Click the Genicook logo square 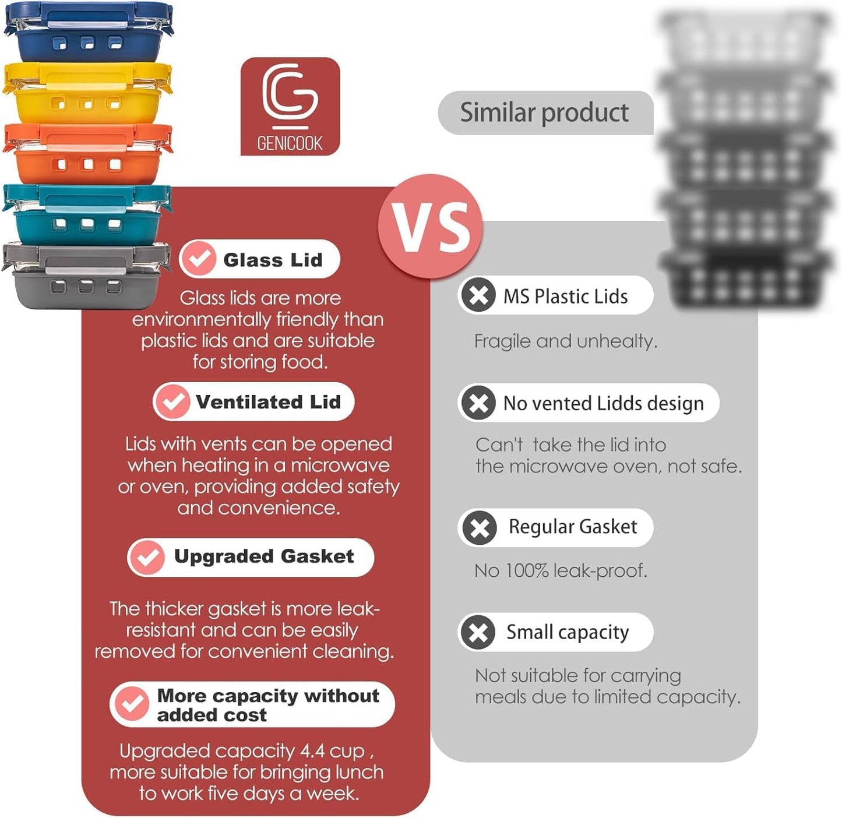pos(290,106)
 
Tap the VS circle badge pos(430,227)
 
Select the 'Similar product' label pos(544,112)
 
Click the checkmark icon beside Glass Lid pos(198,259)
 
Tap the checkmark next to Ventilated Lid pos(172,401)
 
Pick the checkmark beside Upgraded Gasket pos(147,558)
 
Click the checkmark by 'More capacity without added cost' pos(131,704)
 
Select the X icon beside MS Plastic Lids pos(478,295)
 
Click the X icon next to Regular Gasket pos(479,528)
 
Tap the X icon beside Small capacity pos(478,632)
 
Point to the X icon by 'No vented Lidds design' pos(478,403)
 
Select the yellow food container pos(87,93)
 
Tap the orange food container pos(87,154)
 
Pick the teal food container pos(87,214)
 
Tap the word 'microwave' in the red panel pos(340,466)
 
